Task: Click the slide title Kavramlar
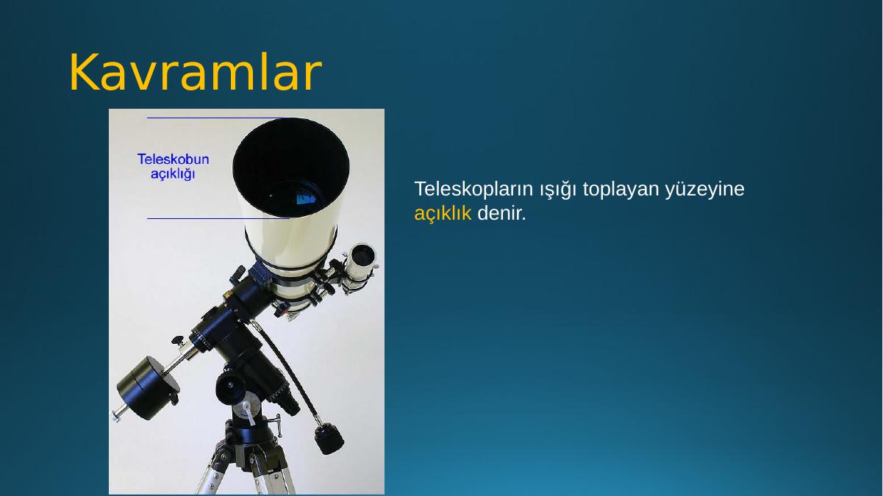coord(196,72)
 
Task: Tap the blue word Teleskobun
coord(173,159)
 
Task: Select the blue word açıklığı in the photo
coord(173,173)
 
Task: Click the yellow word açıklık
coord(443,214)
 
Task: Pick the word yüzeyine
coord(705,189)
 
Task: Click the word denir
coord(502,214)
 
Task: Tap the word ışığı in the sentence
coord(558,190)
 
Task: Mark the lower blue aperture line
coord(218,218)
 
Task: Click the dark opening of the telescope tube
coord(290,168)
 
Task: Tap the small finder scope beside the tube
coord(359,266)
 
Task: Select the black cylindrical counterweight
coord(149,388)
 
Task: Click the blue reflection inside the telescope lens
coord(306,198)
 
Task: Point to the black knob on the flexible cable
coord(329,439)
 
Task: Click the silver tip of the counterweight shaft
coord(116,415)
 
